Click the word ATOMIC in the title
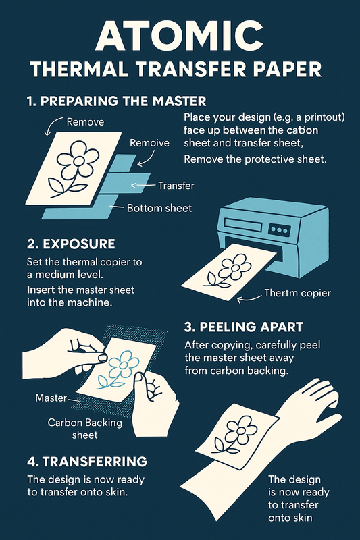(x=179, y=35)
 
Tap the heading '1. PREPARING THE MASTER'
(x=116, y=101)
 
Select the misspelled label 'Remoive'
(x=149, y=143)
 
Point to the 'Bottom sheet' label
(x=159, y=208)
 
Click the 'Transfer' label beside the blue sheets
(x=176, y=186)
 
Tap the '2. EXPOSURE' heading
(x=71, y=244)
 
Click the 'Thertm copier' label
(x=298, y=293)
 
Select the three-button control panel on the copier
(x=280, y=230)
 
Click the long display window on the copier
(x=242, y=225)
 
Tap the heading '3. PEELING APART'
(x=244, y=327)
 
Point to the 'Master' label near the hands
(x=51, y=398)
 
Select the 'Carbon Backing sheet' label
(x=84, y=429)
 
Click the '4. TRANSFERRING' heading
(x=87, y=462)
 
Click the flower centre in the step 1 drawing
(x=79, y=161)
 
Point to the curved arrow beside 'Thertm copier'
(x=249, y=299)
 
